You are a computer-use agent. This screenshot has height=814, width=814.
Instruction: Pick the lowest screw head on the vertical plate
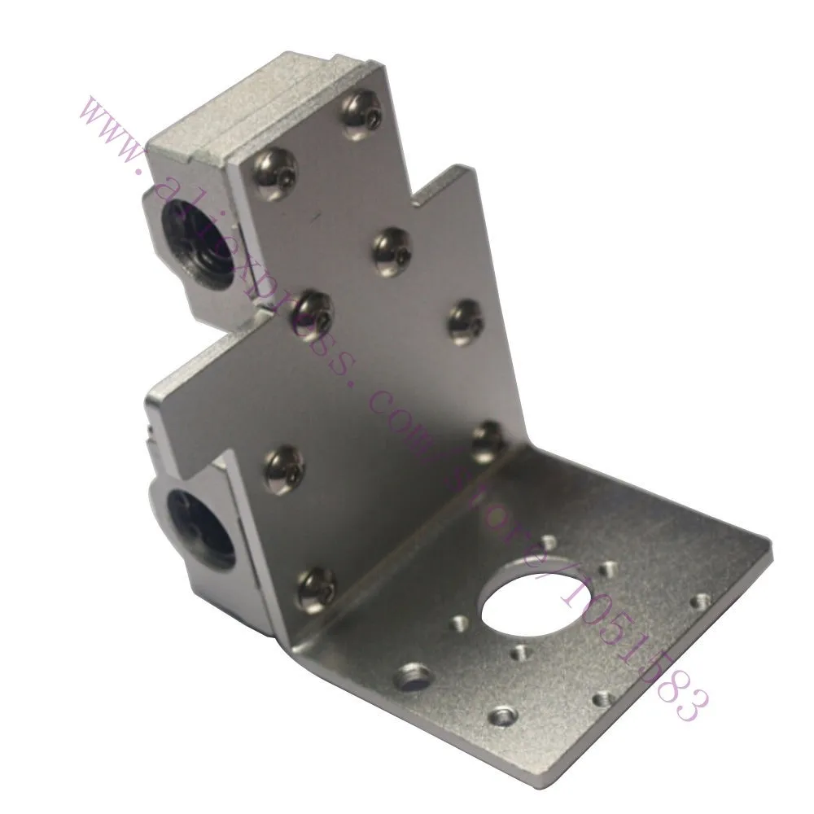[318, 590]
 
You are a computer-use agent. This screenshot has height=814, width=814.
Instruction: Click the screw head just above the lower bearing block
[284, 470]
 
